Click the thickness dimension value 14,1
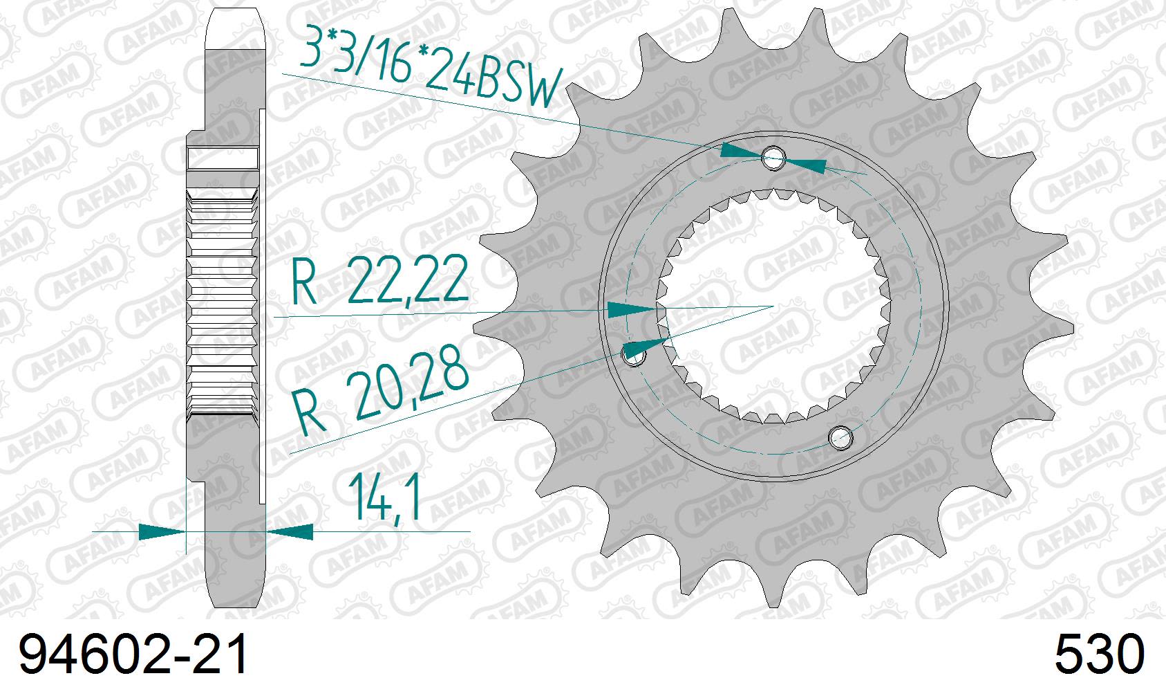click(386, 497)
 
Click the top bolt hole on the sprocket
click(773, 158)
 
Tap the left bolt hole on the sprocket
click(634, 356)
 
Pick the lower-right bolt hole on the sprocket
click(840, 436)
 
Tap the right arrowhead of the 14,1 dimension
click(290, 532)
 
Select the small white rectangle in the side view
click(223, 158)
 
